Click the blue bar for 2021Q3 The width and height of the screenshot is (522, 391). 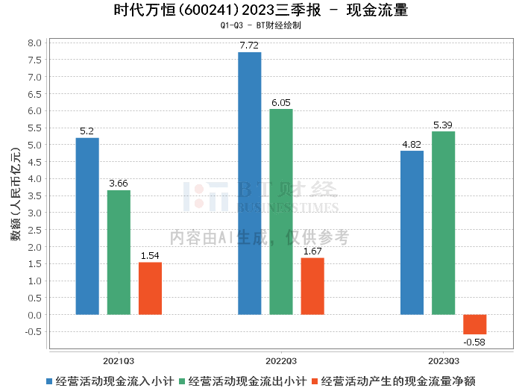87,226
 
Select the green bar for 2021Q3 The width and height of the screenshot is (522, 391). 119,252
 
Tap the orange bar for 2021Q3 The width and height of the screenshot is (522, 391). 150,288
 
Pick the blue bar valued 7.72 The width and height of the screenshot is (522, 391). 250,183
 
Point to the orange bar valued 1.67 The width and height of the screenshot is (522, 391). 312,286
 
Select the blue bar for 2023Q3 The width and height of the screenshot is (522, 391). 412,232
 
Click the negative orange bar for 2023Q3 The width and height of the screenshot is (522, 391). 474,324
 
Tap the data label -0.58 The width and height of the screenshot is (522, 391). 474,342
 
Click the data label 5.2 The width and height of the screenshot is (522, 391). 87,131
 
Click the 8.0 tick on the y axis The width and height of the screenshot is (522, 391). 34,43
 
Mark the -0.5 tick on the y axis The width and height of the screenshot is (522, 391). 34,332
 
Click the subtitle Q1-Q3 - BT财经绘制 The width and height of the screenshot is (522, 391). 261,25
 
